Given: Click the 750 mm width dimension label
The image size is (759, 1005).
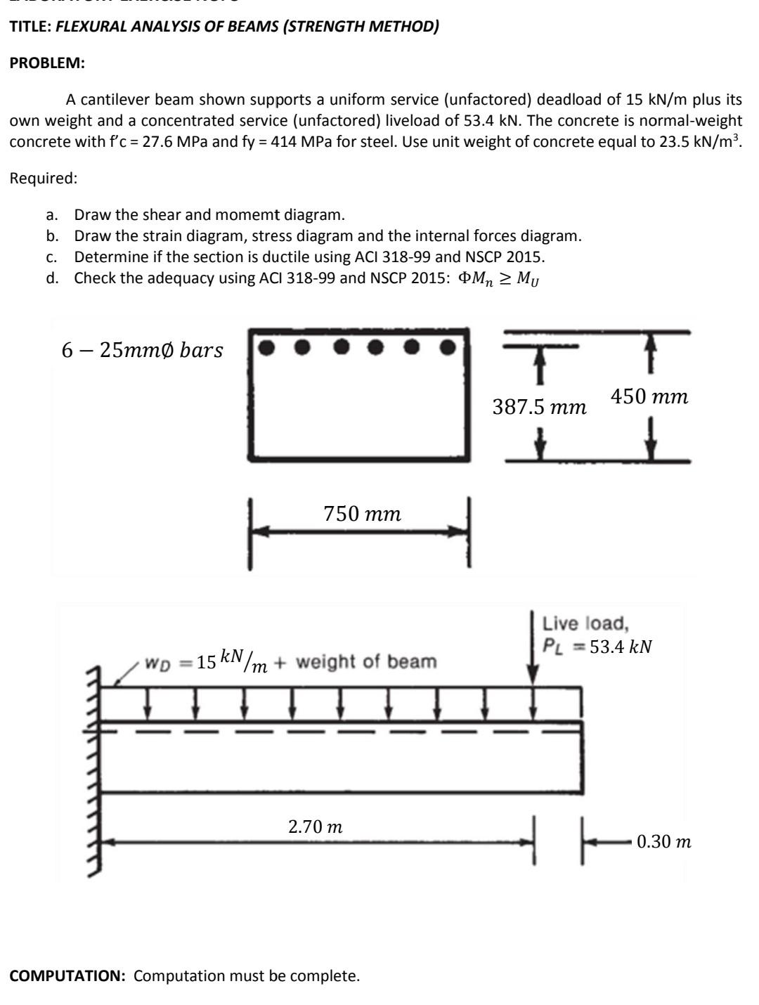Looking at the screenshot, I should [x=362, y=514].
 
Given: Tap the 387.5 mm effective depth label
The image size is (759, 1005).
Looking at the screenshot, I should [x=539, y=407].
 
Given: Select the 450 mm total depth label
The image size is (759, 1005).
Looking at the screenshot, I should [x=649, y=397].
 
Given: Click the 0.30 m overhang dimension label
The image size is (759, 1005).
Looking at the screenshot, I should [x=663, y=841].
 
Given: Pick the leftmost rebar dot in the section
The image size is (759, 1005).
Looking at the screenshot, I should [x=266, y=346].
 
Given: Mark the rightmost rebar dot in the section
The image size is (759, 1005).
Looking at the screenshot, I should [x=447, y=346].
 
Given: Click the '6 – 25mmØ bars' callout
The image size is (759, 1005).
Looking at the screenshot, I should [x=142, y=350].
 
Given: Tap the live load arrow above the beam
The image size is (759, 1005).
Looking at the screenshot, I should [x=533, y=647].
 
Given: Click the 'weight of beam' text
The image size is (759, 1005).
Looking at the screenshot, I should [x=366, y=661].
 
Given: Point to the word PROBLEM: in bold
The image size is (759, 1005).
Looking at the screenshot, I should [x=47, y=63].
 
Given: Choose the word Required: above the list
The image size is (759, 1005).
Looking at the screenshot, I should [x=43, y=178].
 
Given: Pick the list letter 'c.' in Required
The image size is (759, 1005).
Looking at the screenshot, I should [x=52, y=257].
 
